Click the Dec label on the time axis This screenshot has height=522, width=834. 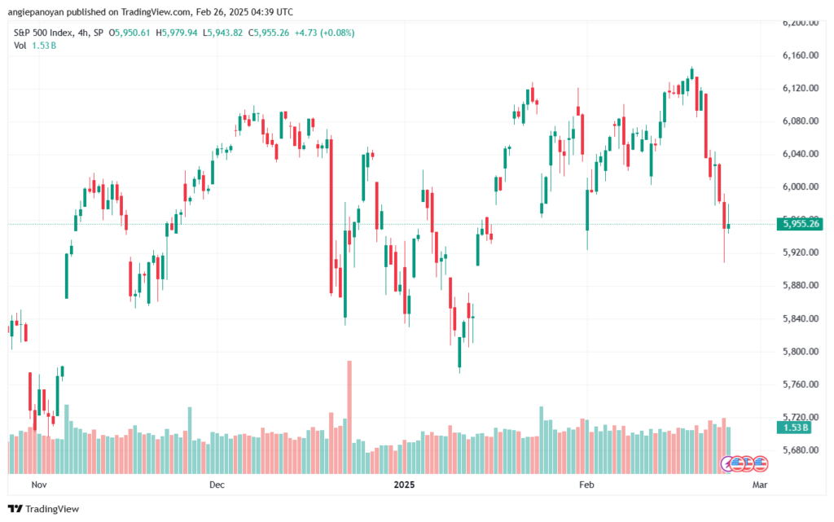coord(217,485)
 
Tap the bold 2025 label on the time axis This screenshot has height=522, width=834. coord(405,485)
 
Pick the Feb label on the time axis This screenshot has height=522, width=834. coord(586,485)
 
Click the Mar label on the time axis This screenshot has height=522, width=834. coord(760,485)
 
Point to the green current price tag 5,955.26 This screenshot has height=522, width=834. coord(798,224)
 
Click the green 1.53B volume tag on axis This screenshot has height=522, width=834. coord(794,428)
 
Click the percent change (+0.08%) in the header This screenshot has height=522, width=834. coord(333,33)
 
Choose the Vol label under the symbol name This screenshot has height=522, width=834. coord(20,46)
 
